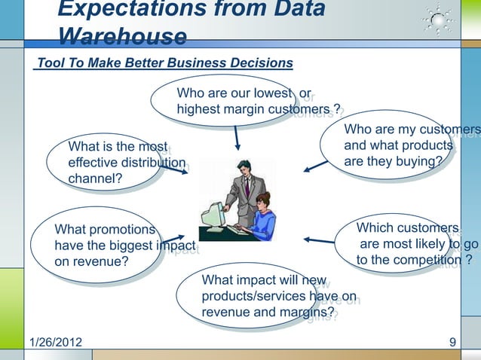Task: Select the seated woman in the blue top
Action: [261, 218]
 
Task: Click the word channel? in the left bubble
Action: [97, 180]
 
